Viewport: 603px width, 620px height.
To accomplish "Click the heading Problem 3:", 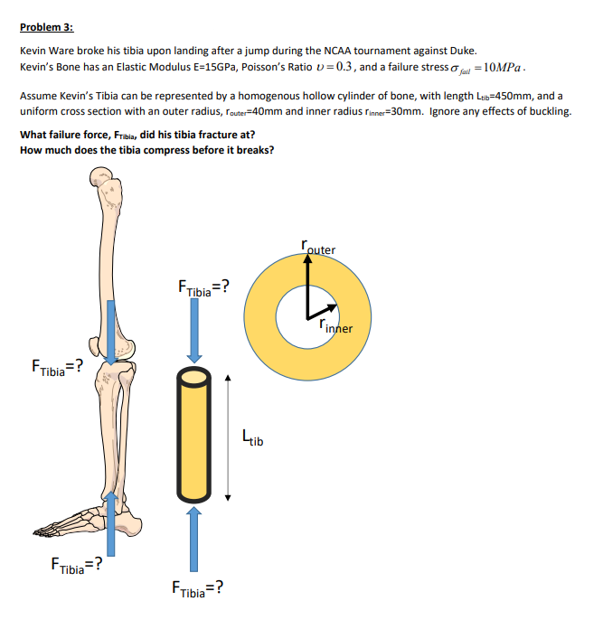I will point(46,28).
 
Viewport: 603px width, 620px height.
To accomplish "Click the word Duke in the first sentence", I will point(460,52).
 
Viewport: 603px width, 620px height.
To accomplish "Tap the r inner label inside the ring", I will point(333,326).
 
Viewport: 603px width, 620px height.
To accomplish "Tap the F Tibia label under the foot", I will point(76,568).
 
